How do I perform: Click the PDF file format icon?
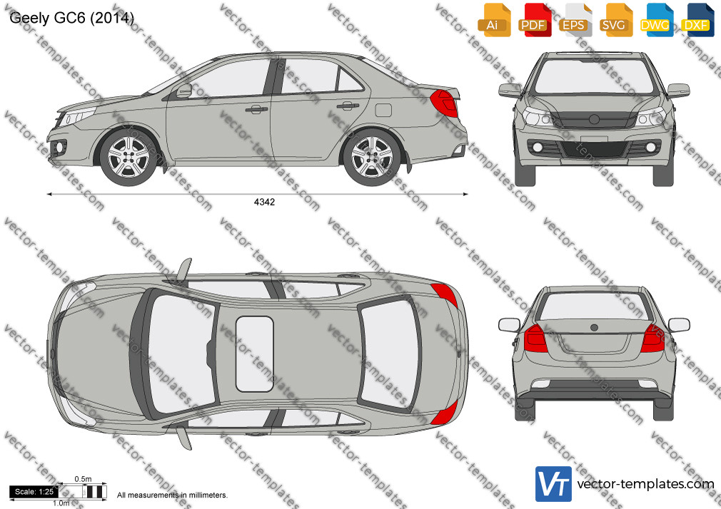click(535, 20)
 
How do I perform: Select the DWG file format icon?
click(656, 20)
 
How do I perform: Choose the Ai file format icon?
click(494, 20)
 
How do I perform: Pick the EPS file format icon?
click(575, 20)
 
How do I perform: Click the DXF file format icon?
click(697, 20)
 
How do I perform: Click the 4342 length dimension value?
click(264, 202)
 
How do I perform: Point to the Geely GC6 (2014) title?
click(71, 18)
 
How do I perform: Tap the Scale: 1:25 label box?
click(34, 492)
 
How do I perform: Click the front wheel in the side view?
click(128, 157)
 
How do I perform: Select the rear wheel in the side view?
click(371, 157)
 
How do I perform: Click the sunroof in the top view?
click(255, 354)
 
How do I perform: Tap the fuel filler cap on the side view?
click(383, 110)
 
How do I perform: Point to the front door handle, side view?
click(256, 109)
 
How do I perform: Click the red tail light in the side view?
click(444, 103)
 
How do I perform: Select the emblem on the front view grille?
click(594, 120)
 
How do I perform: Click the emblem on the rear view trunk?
click(594, 327)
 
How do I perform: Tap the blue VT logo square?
click(554, 484)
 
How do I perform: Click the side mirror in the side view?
click(183, 91)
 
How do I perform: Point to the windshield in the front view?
click(594, 76)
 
